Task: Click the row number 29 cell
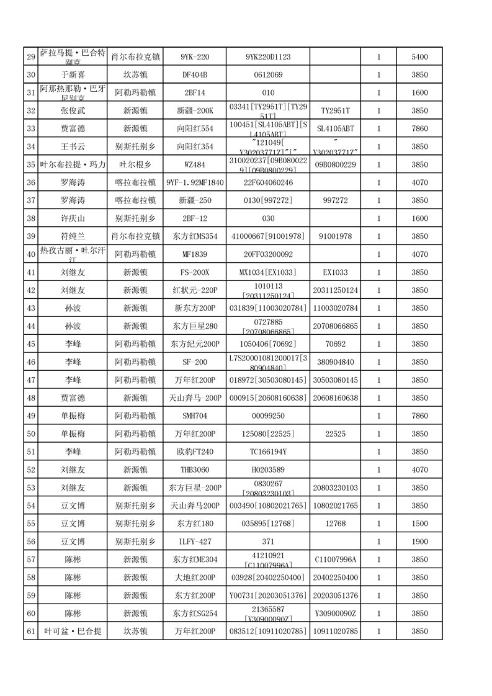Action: [x=30, y=57]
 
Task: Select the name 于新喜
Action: [x=73, y=75]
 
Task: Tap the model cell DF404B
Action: [x=194, y=75]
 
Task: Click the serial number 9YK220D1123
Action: [x=267, y=57]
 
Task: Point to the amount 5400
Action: [x=419, y=57]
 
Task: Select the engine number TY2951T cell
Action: [x=335, y=111]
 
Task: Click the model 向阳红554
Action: [x=194, y=129]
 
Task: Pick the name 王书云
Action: [x=73, y=147]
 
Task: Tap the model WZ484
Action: [x=194, y=164]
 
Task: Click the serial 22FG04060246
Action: [x=267, y=182]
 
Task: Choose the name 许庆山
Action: [x=73, y=218]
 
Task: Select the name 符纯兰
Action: [x=73, y=236]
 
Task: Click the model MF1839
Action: [x=194, y=254]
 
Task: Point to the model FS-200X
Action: [x=194, y=272]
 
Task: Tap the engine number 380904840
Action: [x=335, y=362]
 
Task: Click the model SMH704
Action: [x=194, y=416]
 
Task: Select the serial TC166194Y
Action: [x=267, y=452]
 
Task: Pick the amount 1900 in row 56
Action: [x=419, y=542]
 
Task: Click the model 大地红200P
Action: [x=194, y=578]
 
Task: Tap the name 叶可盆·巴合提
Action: [x=73, y=631]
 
